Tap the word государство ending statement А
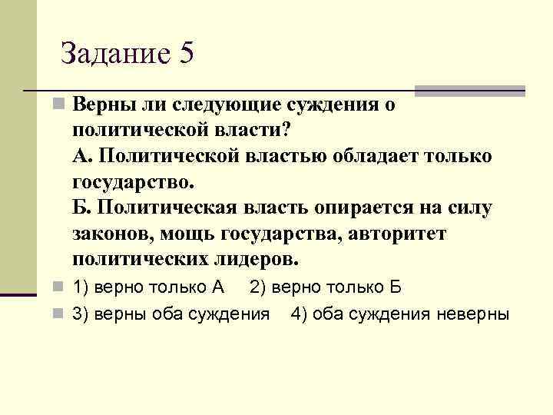click(134, 182)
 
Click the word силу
click(465, 207)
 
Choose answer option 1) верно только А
click(147, 287)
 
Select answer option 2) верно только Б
click(326, 287)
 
